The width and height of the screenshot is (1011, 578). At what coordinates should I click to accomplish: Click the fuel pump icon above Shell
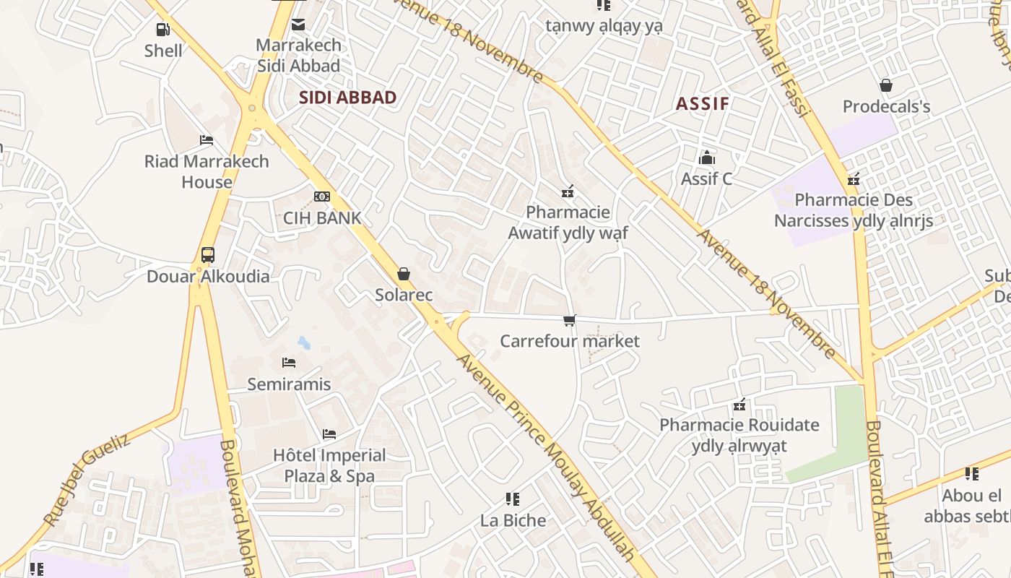(163, 30)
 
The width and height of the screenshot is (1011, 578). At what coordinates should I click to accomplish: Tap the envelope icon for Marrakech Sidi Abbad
(298, 25)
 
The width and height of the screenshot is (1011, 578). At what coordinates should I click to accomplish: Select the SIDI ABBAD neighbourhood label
(347, 98)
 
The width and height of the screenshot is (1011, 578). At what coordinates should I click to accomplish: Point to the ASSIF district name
(702, 103)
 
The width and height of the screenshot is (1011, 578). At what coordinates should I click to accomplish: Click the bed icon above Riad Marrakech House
(207, 140)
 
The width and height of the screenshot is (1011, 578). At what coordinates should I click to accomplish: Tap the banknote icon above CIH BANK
(322, 197)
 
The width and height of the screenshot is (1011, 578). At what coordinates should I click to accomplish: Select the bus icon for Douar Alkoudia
(208, 254)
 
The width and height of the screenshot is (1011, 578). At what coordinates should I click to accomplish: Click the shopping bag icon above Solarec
(404, 274)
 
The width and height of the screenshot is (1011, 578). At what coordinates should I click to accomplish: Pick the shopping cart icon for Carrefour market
(570, 320)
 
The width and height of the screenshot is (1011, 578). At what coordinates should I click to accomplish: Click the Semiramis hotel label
(289, 384)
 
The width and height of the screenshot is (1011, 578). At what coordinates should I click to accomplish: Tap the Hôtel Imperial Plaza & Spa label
(329, 465)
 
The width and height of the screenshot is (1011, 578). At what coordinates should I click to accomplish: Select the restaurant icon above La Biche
(513, 499)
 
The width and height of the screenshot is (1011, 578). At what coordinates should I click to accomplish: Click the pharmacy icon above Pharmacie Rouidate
(739, 405)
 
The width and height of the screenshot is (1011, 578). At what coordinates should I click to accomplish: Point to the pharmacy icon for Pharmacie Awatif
(568, 191)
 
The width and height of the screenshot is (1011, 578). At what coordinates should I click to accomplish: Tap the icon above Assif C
(706, 158)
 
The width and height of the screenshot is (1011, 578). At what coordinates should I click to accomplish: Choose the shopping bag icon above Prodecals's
(886, 85)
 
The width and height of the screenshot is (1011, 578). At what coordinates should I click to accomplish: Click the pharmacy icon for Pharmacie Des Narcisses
(854, 179)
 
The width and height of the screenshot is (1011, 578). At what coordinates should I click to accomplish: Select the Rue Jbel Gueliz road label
(86, 479)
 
